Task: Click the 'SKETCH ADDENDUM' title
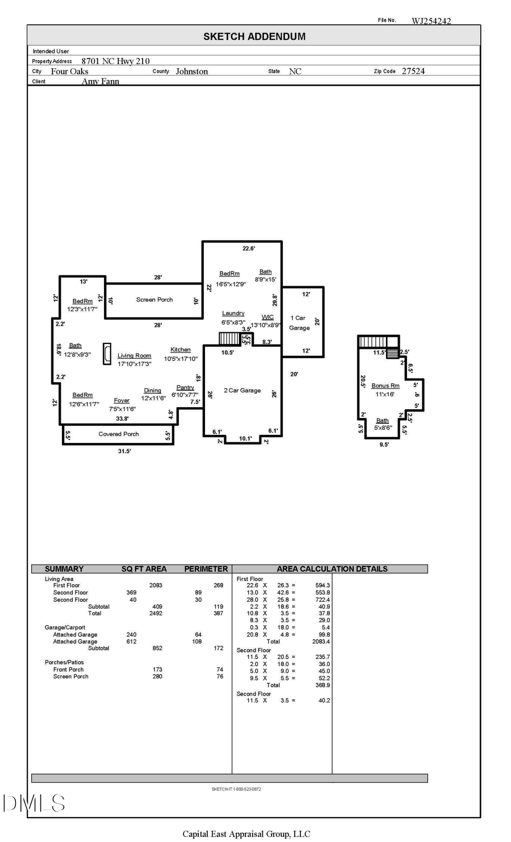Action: tap(254, 36)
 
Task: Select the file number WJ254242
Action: tap(431, 21)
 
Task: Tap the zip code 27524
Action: tap(413, 71)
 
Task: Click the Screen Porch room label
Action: tap(154, 300)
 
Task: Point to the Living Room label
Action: tap(135, 356)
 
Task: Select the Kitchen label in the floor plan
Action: tap(181, 350)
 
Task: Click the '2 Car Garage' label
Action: tap(242, 391)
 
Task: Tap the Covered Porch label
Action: tap(119, 434)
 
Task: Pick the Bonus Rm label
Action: tap(386, 386)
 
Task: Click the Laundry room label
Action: tap(233, 313)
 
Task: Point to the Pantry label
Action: tap(185, 388)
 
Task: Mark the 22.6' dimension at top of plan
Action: tap(249, 249)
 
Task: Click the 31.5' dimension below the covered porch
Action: tap(124, 451)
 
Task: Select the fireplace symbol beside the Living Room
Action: tap(107, 354)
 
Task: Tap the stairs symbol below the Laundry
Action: tap(230, 339)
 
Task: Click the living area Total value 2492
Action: tap(156, 613)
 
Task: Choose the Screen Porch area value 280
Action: tap(157, 677)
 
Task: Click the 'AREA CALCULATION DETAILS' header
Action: tap(332, 569)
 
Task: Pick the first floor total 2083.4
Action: tap(321, 642)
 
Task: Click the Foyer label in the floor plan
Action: tap(122, 401)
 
